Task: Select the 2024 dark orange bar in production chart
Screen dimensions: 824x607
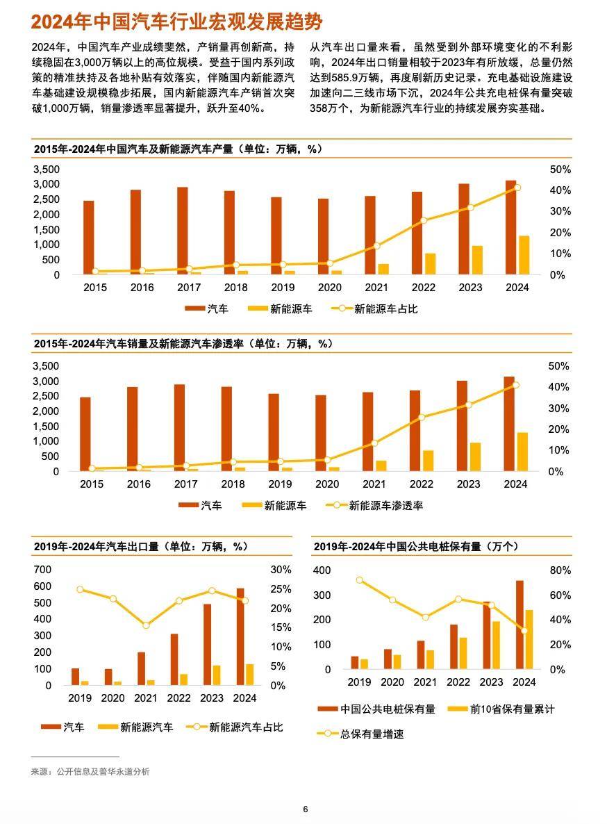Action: [x=510, y=227]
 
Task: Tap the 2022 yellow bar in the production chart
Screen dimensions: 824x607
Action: [x=431, y=264]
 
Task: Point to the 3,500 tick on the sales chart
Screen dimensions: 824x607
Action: [x=47, y=366]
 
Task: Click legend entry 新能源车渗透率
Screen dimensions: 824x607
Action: [x=385, y=506]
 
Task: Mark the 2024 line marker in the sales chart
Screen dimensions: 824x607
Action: [x=515, y=385]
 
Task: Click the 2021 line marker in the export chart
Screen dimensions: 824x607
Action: [x=147, y=625]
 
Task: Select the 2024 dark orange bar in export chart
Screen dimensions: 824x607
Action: [x=240, y=636]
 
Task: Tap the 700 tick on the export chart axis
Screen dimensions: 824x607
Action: [x=42, y=570]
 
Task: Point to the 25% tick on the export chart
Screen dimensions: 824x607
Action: [x=281, y=589]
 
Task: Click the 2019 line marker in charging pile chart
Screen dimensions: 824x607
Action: [x=359, y=580]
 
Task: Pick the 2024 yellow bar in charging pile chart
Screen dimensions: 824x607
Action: [x=529, y=639]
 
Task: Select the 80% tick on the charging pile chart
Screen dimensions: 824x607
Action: [x=560, y=570]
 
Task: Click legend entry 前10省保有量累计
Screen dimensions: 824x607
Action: [x=512, y=709]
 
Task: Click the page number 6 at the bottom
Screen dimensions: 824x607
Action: [x=305, y=809]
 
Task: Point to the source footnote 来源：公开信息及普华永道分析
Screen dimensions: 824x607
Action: [x=90, y=771]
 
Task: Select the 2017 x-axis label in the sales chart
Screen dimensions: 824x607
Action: [x=185, y=484]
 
